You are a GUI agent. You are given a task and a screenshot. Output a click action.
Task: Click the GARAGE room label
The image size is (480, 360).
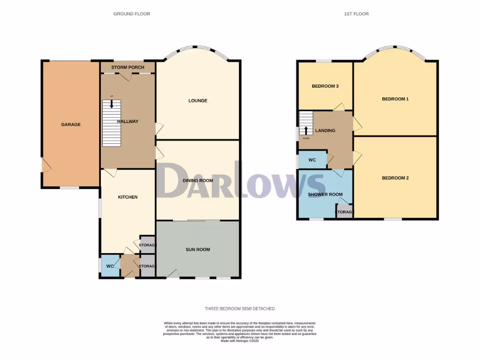[71, 125]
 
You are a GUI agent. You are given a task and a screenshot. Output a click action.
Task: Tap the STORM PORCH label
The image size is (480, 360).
[127, 67]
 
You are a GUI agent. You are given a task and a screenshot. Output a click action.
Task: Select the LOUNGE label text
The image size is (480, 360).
[198, 101]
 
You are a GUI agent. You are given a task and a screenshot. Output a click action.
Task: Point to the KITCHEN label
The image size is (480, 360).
[127, 197]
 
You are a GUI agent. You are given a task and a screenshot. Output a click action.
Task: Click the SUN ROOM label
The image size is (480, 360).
[198, 250]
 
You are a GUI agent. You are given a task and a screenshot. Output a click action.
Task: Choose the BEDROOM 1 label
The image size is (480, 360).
[395, 99]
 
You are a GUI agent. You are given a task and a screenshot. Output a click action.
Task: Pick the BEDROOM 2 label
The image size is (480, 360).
[395, 178]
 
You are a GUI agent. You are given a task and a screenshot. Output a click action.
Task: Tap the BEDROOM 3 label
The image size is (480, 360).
[325, 86]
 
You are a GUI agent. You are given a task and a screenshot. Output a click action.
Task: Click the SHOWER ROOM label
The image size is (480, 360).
[325, 195]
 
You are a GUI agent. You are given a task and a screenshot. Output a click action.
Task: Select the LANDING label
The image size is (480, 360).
[325, 130]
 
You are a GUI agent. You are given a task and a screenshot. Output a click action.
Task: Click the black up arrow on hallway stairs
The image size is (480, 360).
[112, 104]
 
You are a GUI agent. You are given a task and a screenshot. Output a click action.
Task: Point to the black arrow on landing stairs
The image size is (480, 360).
[306, 130]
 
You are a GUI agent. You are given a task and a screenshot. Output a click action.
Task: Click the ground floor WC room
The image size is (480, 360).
[110, 266]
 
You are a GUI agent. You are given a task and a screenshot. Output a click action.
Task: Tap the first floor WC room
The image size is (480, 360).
[312, 160]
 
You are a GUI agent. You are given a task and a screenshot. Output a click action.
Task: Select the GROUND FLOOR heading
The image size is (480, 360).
[132, 14]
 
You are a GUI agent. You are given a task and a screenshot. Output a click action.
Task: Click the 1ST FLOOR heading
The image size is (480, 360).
[356, 14]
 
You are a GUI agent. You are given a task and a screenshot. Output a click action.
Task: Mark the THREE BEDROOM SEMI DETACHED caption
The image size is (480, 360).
[240, 309]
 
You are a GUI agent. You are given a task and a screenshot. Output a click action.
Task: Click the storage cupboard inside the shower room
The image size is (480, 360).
[345, 212]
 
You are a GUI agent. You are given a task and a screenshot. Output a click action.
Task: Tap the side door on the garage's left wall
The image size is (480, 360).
[45, 165]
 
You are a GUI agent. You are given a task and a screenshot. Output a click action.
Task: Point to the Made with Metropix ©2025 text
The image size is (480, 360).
[240, 341]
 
